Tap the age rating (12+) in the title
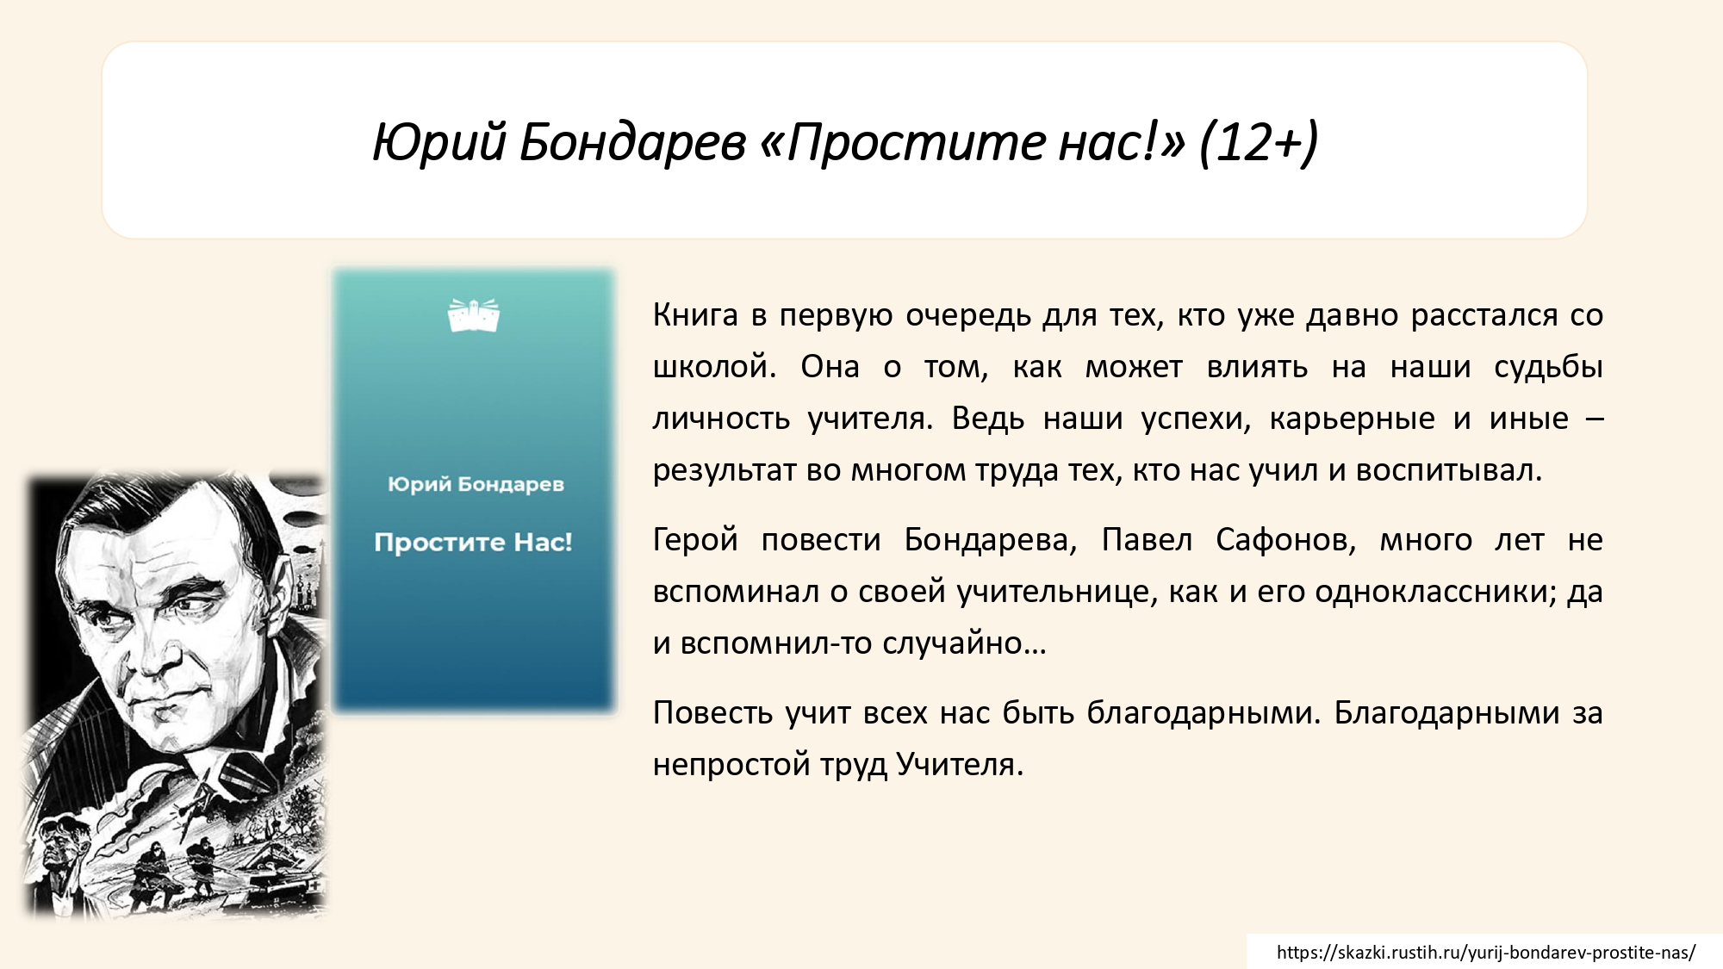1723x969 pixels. pyautogui.click(x=1259, y=142)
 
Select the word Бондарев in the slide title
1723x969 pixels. pyautogui.click(x=632, y=142)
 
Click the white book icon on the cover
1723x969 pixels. pyautogui.click(x=474, y=315)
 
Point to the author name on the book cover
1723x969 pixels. pyautogui.click(x=476, y=484)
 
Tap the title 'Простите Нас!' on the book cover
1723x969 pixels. pyautogui.click(x=473, y=543)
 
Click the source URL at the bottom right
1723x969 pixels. pyautogui.click(x=1486, y=953)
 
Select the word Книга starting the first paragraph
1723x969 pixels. pyautogui.click(x=695, y=315)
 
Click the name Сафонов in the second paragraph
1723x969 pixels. pyautogui.click(x=1286, y=540)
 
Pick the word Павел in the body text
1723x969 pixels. pyautogui.click(x=1147, y=540)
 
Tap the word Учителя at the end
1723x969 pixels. pyautogui.click(x=960, y=765)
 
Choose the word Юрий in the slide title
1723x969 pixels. pyautogui.click(x=439, y=142)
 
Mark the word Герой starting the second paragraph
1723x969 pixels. pyautogui.click(x=695, y=540)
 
